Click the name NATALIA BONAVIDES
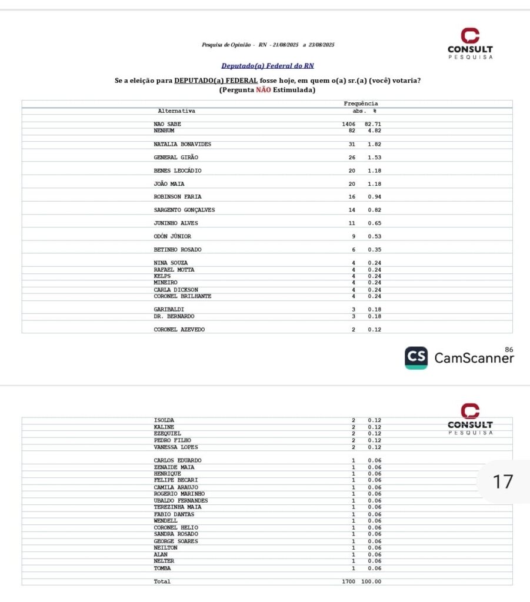182,144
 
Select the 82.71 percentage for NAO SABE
373,124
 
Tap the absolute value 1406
349,124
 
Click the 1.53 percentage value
375,158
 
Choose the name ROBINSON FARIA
178,197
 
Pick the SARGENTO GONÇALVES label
184,210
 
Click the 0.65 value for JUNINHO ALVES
375,223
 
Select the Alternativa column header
176,111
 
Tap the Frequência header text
361,104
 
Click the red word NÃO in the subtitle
264,90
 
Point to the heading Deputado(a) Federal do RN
268,66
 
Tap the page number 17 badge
503,482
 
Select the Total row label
162,581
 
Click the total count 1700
349,581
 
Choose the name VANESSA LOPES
176,447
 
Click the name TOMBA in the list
163,568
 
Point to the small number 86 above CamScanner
508,350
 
